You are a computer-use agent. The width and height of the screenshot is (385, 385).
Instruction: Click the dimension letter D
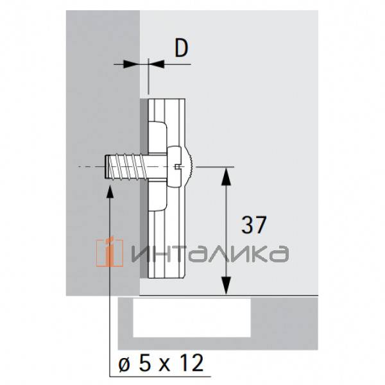(182, 49)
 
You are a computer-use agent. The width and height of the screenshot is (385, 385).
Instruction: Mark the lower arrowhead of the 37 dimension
(226, 287)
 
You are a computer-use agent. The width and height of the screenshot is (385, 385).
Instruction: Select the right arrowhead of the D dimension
(156, 64)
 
